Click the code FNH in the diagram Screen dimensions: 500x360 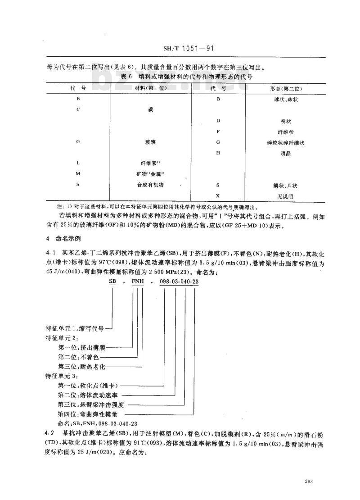[137, 282]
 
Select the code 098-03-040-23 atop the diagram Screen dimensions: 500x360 [179, 282]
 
